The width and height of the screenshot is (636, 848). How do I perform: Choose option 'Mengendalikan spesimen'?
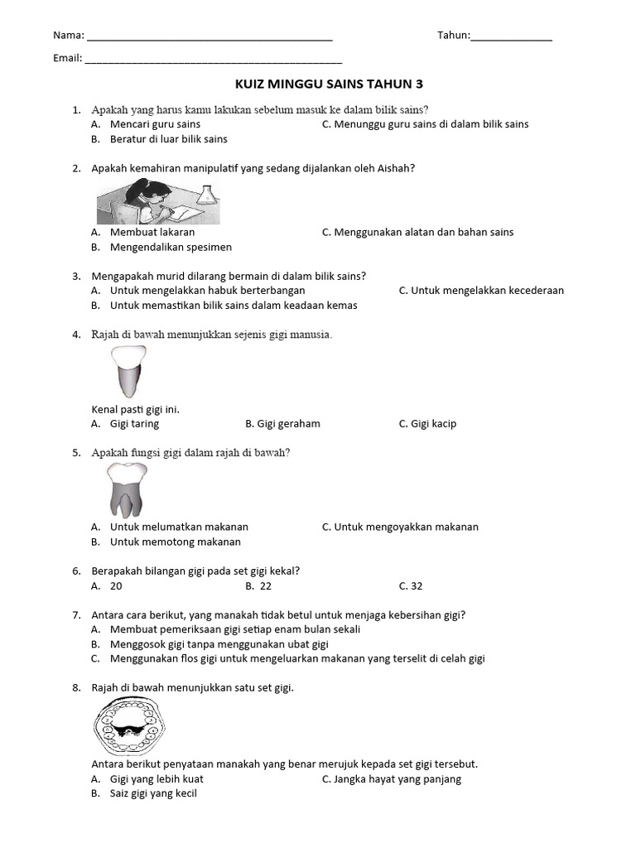(171, 247)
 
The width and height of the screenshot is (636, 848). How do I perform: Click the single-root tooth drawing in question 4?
(128, 372)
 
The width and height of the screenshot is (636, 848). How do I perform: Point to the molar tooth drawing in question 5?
(127, 489)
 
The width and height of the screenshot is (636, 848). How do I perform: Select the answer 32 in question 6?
(416, 586)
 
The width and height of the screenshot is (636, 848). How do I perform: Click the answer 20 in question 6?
(116, 586)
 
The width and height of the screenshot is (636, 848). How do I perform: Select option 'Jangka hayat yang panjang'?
(397, 779)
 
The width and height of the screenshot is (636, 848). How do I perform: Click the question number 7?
(76, 615)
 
